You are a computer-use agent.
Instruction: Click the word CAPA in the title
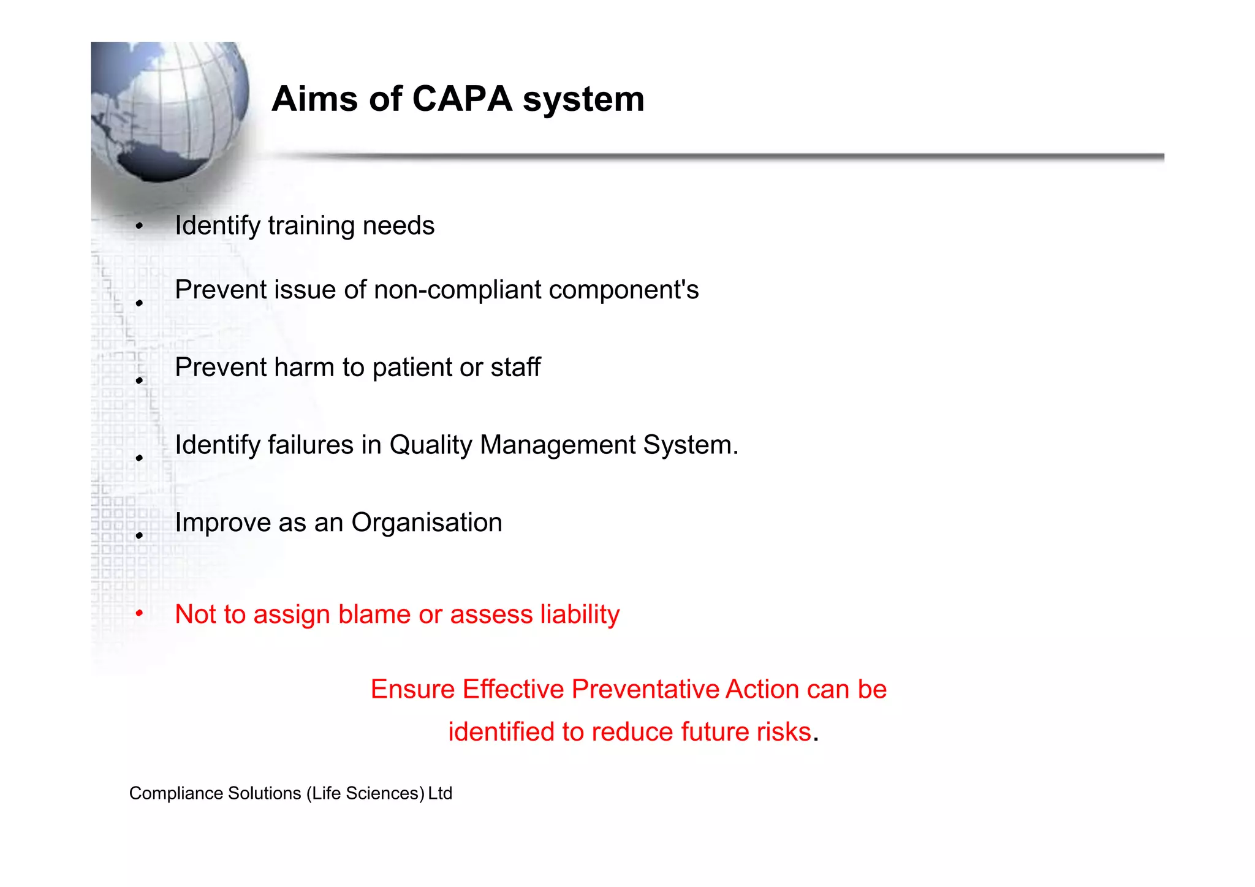click(x=462, y=99)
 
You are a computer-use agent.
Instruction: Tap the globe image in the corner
click(x=170, y=110)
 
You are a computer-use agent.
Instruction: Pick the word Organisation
click(x=427, y=523)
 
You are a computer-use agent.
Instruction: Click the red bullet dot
click(x=140, y=613)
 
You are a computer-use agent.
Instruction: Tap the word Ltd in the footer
click(x=440, y=793)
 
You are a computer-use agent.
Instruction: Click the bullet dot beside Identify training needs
click(x=140, y=226)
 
